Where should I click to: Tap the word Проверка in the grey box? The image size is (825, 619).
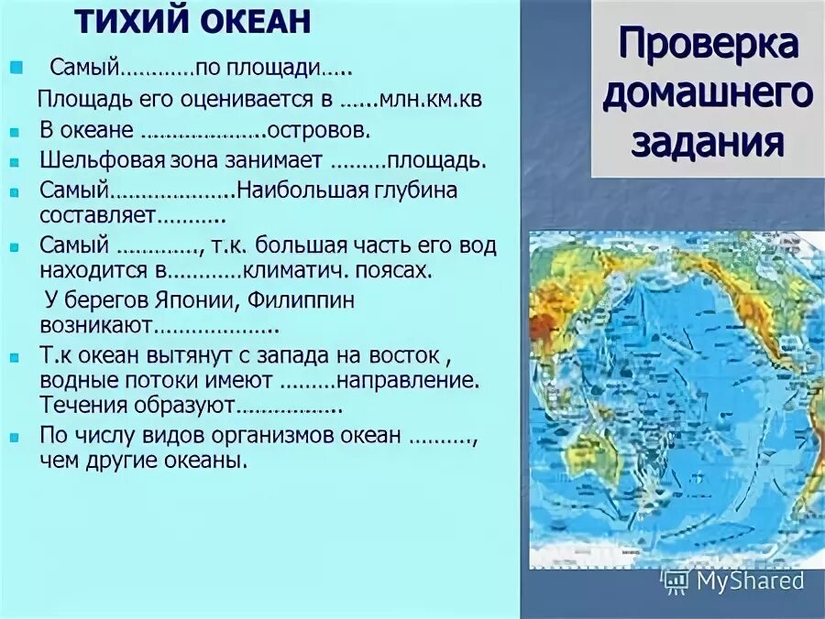[x=707, y=44]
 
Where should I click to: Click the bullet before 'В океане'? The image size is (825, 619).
[x=15, y=132]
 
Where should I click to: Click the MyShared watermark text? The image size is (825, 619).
[x=749, y=581]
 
